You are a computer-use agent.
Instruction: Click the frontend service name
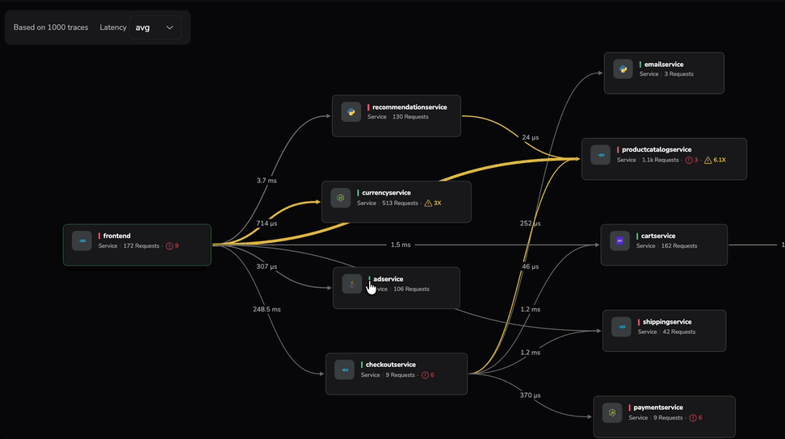click(x=116, y=236)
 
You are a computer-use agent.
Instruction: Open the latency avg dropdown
click(x=155, y=27)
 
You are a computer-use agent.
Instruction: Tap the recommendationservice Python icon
click(x=351, y=112)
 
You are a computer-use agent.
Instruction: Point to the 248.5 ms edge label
click(x=266, y=309)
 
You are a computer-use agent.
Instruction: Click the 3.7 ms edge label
click(x=267, y=181)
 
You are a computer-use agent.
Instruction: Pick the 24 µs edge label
click(x=530, y=137)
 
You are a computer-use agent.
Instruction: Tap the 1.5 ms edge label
click(x=401, y=245)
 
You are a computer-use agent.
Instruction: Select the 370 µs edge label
click(x=531, y=395)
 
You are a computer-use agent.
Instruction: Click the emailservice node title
click(x=664, y=64)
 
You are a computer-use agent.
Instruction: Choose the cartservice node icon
click(x=619, y=240)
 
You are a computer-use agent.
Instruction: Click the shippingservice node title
click(x=667, y=322)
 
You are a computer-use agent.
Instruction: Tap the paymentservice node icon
click(x=612, y=413)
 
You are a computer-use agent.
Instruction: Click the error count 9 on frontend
click(x=173, y=246)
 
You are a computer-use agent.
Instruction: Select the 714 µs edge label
click(x=267, y=223)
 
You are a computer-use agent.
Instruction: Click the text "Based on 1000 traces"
click(x=51, y=27)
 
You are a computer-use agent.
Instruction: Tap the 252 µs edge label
click(x=531, y=224)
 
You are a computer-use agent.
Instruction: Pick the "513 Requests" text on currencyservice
click(x=401, y=203)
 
